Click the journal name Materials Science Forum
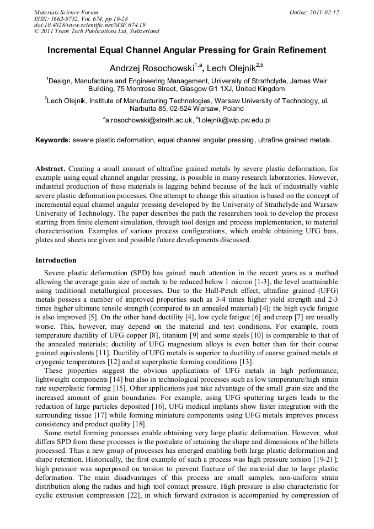click(66, 12)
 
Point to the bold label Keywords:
click(53, 140)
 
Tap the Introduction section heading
click(56, 260)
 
